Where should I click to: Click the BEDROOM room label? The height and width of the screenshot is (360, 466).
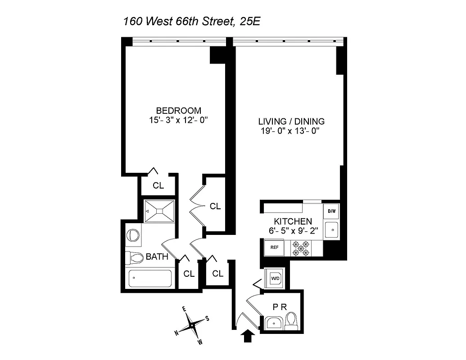tap(178, 111)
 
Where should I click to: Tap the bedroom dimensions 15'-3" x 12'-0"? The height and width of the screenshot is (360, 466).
tap(178, 121)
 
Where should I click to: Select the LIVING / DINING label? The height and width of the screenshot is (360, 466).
tap(291, 121)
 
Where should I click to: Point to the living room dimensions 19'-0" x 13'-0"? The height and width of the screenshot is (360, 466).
tap(291, 131)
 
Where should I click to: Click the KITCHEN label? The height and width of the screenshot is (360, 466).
tap(293, 221)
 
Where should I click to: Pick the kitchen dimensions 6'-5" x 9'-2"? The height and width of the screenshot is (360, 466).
tap(293, 231)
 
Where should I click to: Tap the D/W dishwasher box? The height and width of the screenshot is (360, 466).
tap(332, 211)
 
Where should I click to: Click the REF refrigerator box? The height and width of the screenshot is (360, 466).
tap(274, 247)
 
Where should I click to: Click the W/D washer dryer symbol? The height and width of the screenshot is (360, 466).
tap(275, 278)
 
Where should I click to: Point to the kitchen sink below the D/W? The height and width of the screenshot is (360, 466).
tap(332, 229)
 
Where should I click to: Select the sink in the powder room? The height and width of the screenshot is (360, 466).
tap(274, 323)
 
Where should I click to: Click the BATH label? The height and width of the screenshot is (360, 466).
tap(157, 257)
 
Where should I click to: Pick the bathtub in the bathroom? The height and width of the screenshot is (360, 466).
tap(151, 279)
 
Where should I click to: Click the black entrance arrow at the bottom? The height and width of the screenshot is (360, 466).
tap(248, 336)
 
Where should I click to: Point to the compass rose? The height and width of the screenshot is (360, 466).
tap(193, 324)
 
